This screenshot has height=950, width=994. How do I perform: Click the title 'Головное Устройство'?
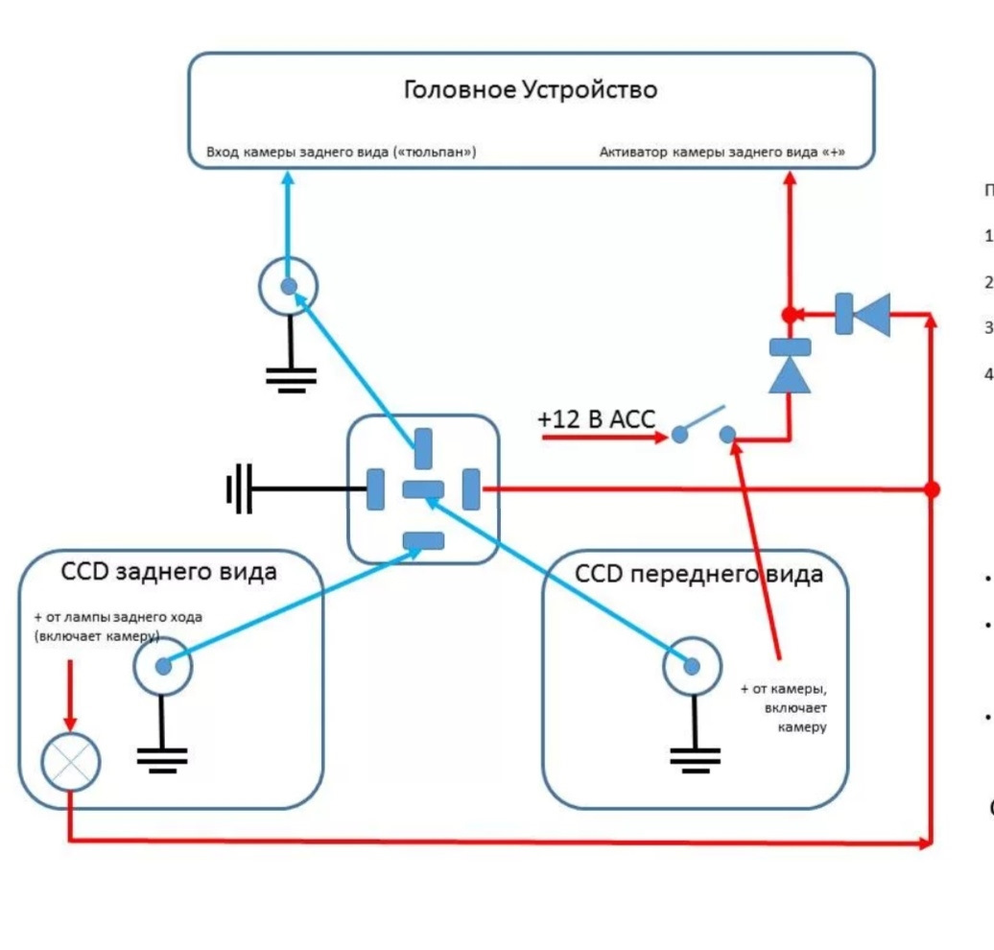(x=531, y=90)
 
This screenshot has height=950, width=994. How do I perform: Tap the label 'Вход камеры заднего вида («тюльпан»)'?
(x=342, y=153)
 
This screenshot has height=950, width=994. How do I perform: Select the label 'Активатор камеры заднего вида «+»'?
(x=722, y=153)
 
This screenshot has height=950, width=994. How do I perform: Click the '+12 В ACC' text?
(x=595, y=419)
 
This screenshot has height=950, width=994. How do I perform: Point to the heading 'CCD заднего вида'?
(x=169, y=572)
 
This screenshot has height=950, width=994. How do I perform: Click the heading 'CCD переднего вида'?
(x=698, y=574)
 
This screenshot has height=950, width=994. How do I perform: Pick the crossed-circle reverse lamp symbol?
(x=70, y=762)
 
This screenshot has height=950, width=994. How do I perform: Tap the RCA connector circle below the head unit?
(x=288, y=286)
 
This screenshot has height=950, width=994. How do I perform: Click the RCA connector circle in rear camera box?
(x=163, y=665)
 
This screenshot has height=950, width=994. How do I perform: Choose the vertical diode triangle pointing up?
(x=790, y=374)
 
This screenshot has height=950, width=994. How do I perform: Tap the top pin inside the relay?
(x=423, y=448)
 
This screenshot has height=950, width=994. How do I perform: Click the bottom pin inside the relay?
(x=423, y=540)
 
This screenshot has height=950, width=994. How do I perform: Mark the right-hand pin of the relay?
(x=471, y=489)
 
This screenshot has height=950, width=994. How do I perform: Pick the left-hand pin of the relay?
(x=376, y=489)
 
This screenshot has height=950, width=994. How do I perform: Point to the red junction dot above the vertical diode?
(x=789, y=315)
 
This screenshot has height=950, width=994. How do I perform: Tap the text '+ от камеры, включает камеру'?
(x=783, y=707)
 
